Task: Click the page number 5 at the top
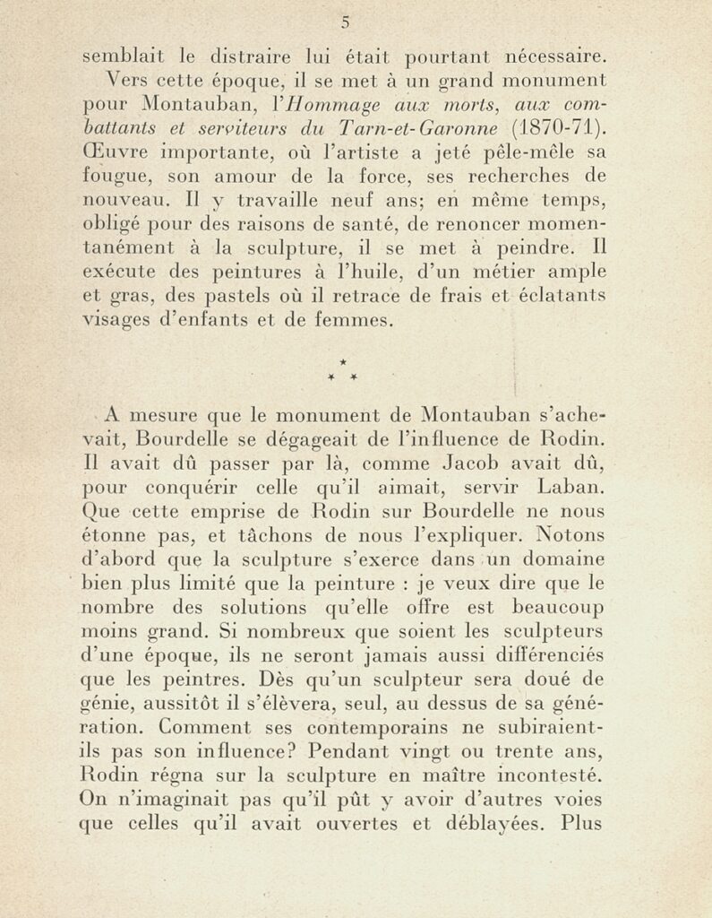[345, 23]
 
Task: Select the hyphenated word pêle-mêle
[528, 166]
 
